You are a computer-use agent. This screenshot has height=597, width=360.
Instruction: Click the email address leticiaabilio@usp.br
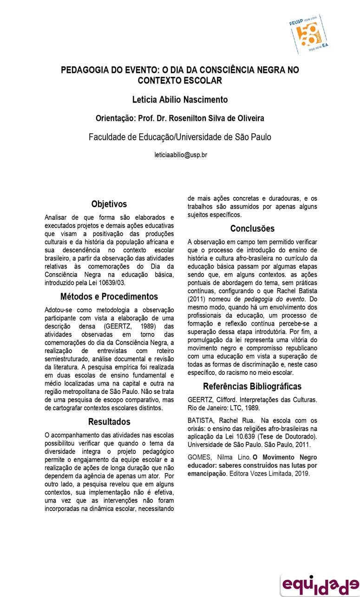180,155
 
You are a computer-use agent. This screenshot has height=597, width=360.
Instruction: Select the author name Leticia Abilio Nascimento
180,99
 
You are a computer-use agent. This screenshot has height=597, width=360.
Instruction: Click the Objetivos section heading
109,204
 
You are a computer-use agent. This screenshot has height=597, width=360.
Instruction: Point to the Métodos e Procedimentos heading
109,296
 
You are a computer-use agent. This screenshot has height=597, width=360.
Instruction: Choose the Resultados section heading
109,422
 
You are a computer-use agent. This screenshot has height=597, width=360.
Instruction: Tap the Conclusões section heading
252,229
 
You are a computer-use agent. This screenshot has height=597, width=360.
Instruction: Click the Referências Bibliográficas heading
252,386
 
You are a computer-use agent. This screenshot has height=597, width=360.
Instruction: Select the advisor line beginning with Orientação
180,118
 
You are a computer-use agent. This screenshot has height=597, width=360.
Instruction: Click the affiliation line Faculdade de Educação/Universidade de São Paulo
180,137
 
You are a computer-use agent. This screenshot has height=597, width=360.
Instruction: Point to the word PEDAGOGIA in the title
85,70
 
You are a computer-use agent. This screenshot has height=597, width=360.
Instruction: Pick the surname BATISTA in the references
202,421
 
